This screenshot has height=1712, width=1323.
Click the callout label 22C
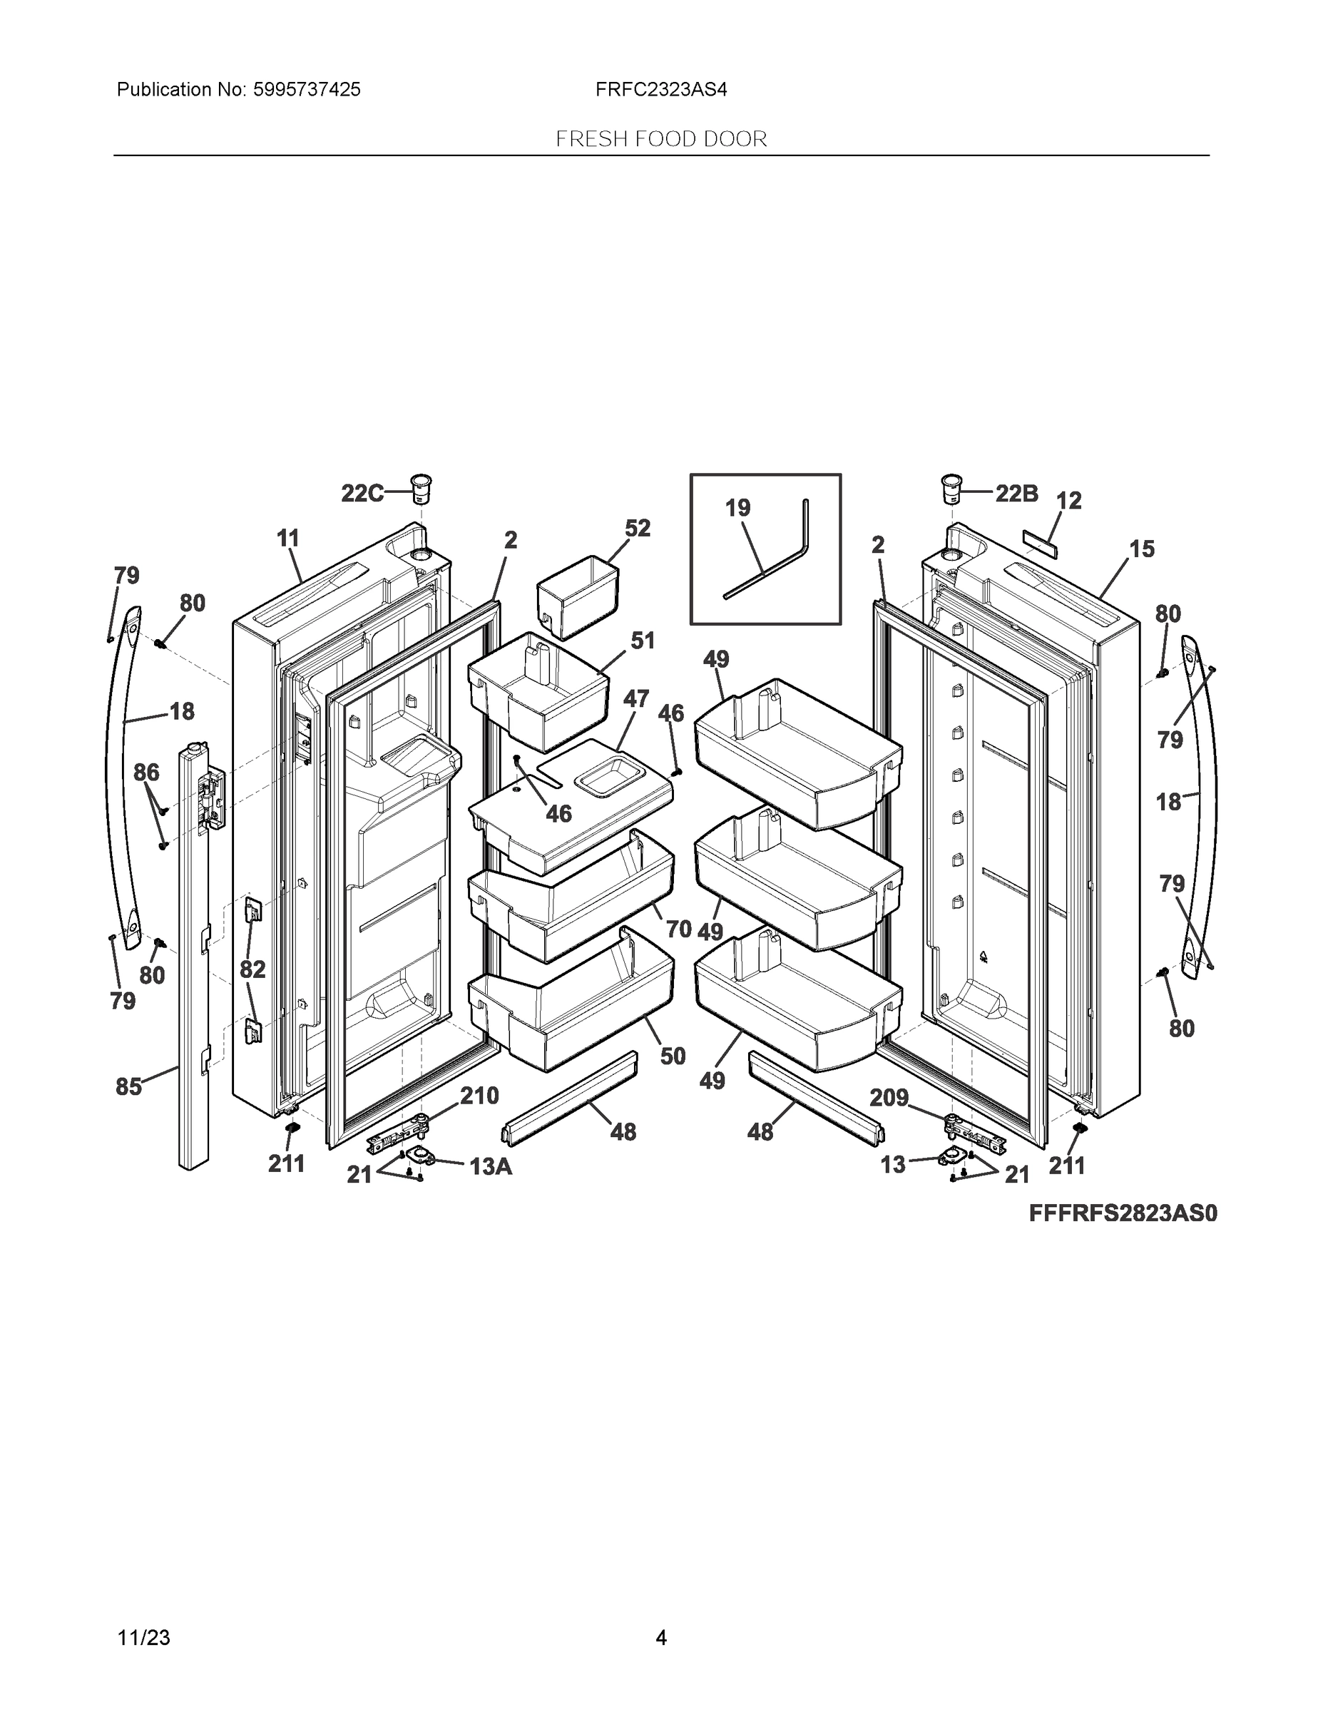click(x=362, y=493)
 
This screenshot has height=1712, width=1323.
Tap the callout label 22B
click(x=1016, y=493)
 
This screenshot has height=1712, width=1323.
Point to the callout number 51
click(x=643, y=641)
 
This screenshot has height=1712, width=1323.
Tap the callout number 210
click(x=479, y=1095)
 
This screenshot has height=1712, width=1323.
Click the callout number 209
click(x=889, y=1097)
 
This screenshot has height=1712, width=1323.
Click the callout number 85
click(x=128, y=1086)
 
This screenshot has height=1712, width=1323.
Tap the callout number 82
click(x=252, y=969)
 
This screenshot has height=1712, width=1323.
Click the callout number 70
click(x=679, y=929)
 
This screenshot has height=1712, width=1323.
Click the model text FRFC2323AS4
click(x=660, y=90)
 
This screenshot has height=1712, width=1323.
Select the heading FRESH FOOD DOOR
click(x=660, y=140)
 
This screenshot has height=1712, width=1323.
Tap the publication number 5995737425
click(x=307, y=90)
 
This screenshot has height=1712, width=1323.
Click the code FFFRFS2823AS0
click(x=1123, y=1213)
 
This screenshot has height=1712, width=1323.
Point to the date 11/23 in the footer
click(x=143, y=1638)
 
